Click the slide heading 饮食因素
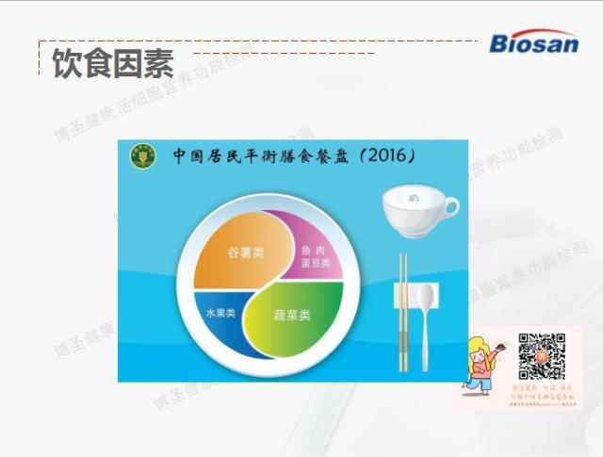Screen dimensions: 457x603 point(112,65)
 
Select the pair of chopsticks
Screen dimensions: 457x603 point(402,312)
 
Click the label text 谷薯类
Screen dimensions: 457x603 point(245,253)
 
